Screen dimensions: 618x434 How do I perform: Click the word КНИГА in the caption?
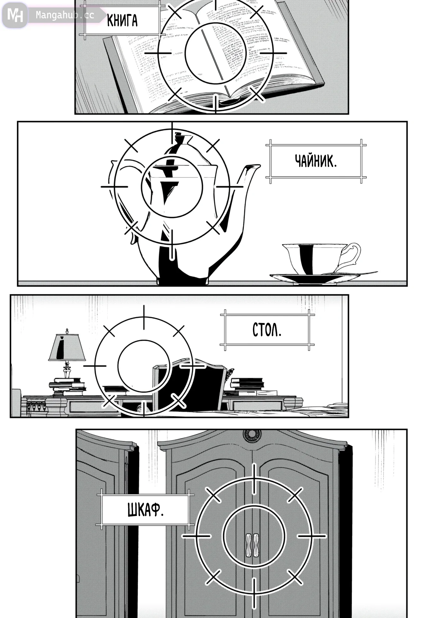click(122, 21)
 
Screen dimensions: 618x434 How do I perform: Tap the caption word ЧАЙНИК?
click(316, 161)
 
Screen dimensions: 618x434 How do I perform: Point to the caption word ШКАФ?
click(146, 510)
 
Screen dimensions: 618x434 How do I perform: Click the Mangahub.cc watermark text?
click(65, 15)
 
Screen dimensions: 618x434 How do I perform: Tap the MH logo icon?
click(15, 15)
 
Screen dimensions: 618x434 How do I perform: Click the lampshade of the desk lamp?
click(67, 348)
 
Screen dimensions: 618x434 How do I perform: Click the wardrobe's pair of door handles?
click(252, 545)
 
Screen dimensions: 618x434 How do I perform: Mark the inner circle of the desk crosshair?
click(143, 365)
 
